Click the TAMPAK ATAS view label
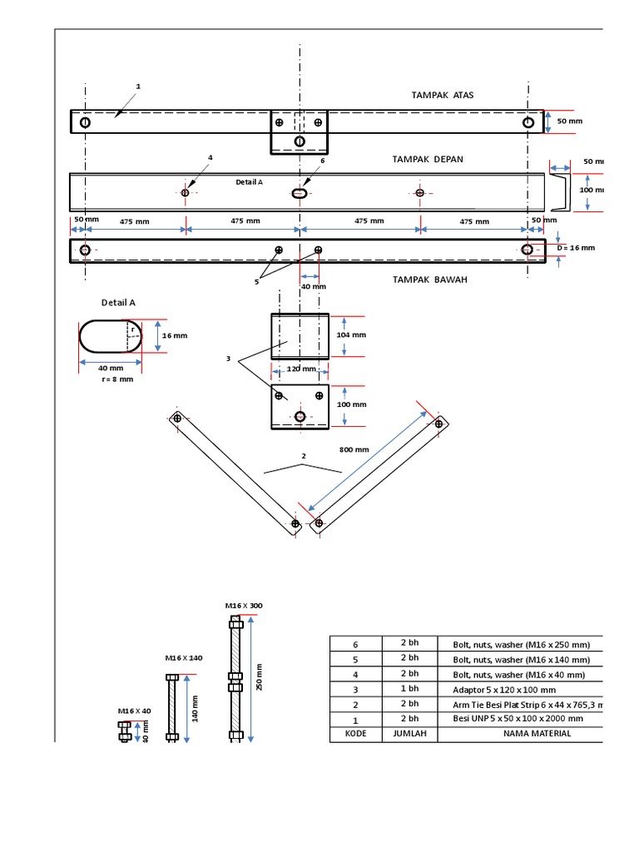pyautogui.click(x=443, y=95)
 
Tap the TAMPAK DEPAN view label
pyautogui.click(x=428, y=159)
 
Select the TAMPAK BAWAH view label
pyautogui.click(x=430, y=280)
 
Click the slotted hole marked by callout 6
pyautogui.click(x=300, y=193)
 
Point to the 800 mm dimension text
pyautogui.click(x=354, y=449)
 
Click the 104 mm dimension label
pyautogui.click(x=351, y=335)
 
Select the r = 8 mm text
pyautogui.click(x=116, y=379)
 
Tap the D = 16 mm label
pyautogui.click(x=577, y=248)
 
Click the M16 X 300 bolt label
pyautogui.click(x=243, y=606)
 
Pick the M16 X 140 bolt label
pyautogui.click(x=184, y=658)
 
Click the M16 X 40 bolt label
pyautogui.click(x=134, y=711)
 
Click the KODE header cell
pyautogui.click(x=355, y=734)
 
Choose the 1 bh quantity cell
pyautogui.click(x=409, y=690)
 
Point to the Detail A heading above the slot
pyautogui.click(x=118, y=303)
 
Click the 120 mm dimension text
pyautogui.click(x=301, y=369)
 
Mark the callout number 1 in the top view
pyautogui.click(x=138, y=87)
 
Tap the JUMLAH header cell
pyautogui.click(x=409, y=734)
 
